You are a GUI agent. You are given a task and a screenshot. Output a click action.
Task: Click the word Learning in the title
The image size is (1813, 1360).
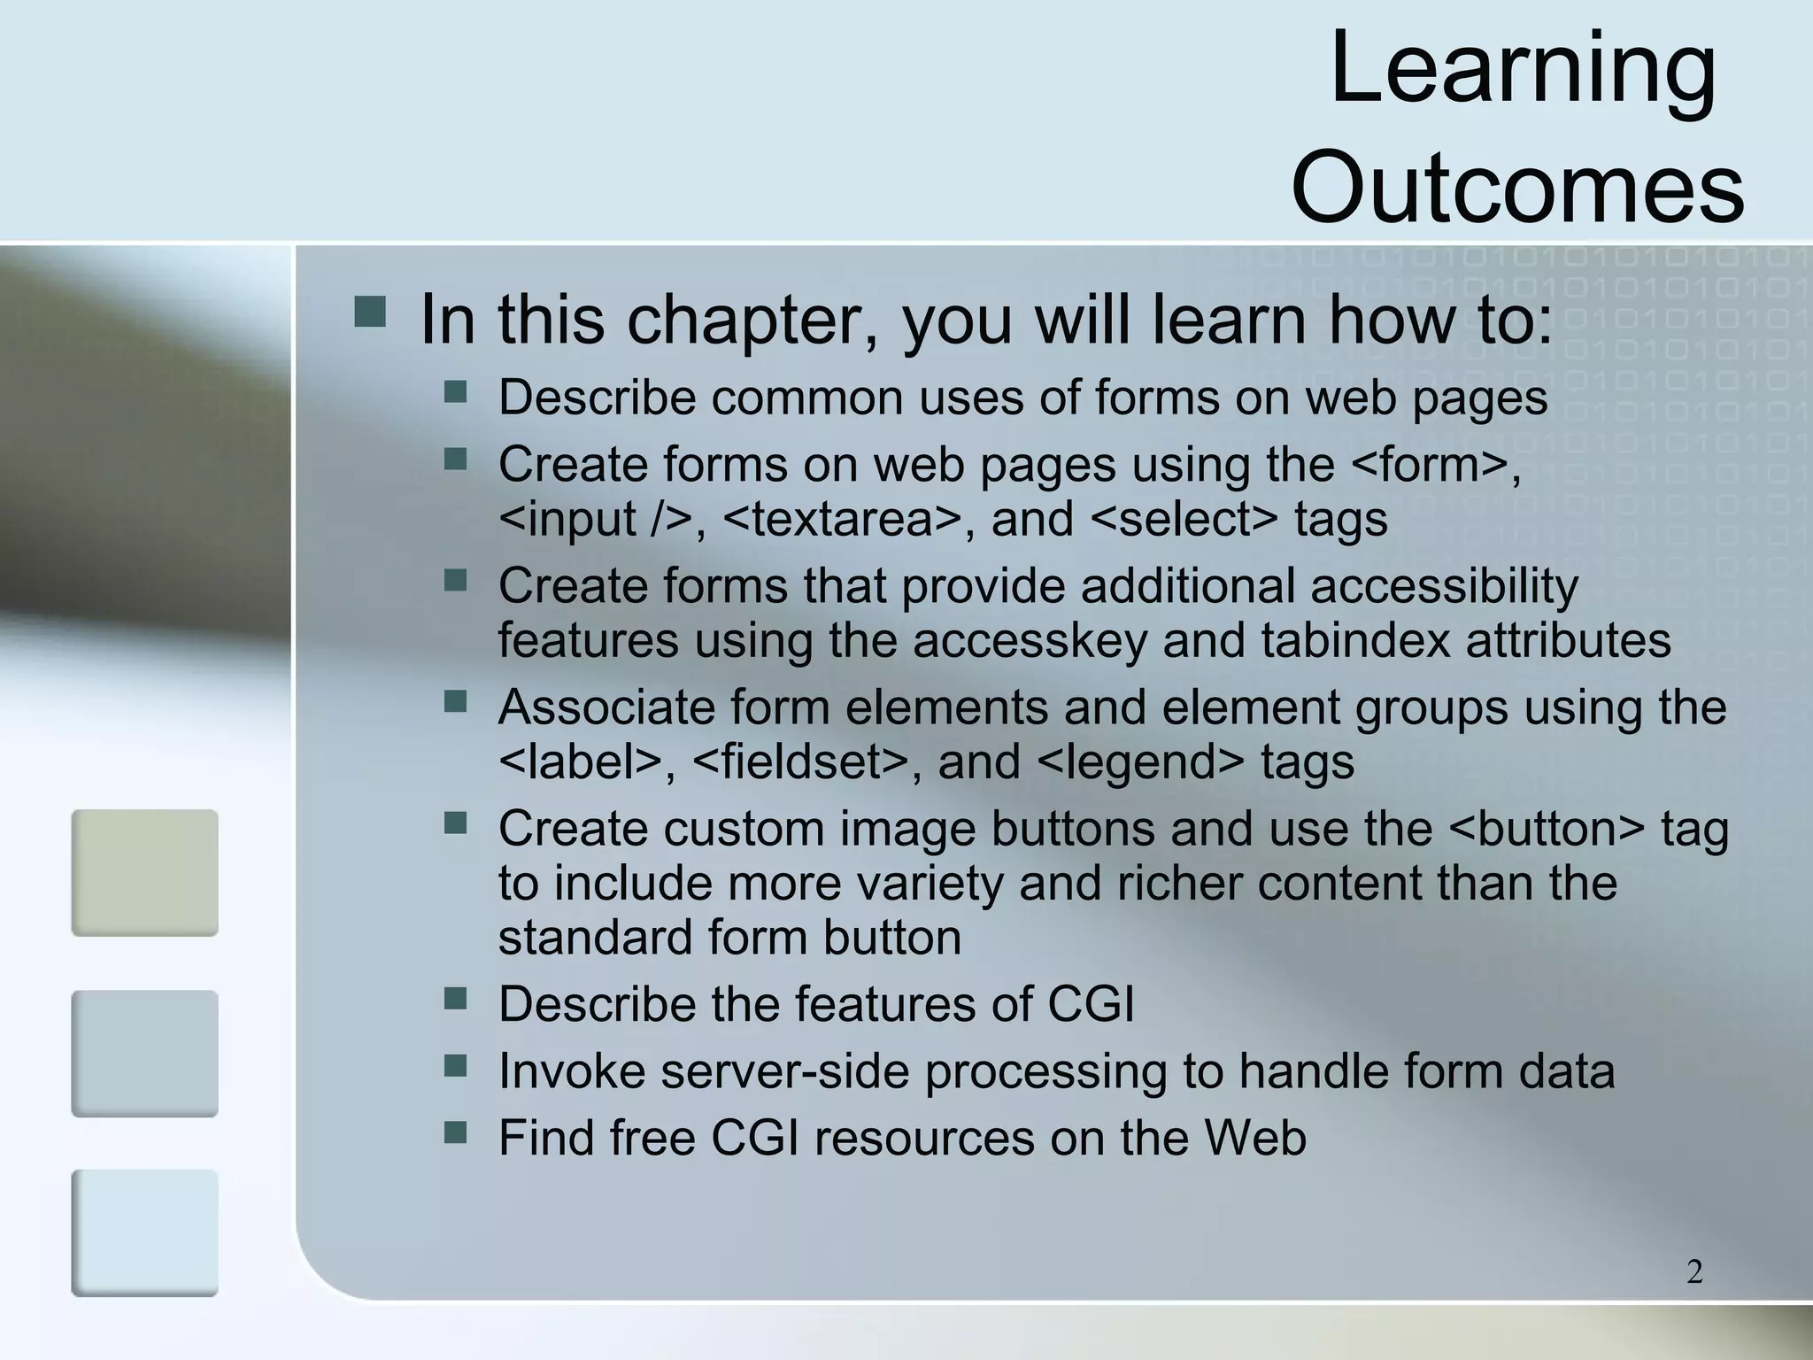tap(1523, 71)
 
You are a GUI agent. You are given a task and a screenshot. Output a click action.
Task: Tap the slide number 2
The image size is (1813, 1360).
tap(1694, 1271)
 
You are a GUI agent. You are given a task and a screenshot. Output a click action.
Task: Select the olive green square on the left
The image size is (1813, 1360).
tap(144, 872)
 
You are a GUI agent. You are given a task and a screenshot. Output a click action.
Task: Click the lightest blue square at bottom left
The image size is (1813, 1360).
tap(144, 1232)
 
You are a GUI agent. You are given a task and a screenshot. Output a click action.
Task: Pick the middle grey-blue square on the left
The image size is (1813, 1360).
tap(144, 1053)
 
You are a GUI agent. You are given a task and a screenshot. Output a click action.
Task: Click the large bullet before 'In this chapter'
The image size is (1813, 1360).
tap(369, 313)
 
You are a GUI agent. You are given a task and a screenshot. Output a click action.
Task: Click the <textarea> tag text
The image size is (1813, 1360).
tap(841, 519)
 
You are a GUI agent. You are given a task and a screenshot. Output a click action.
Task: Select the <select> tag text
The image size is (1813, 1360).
tap(1184, 519)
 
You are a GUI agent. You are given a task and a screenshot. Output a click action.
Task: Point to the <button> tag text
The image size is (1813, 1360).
tap(1547, 830)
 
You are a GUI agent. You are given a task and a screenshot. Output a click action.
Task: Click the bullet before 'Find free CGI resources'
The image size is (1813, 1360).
tap(455, 1132)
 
